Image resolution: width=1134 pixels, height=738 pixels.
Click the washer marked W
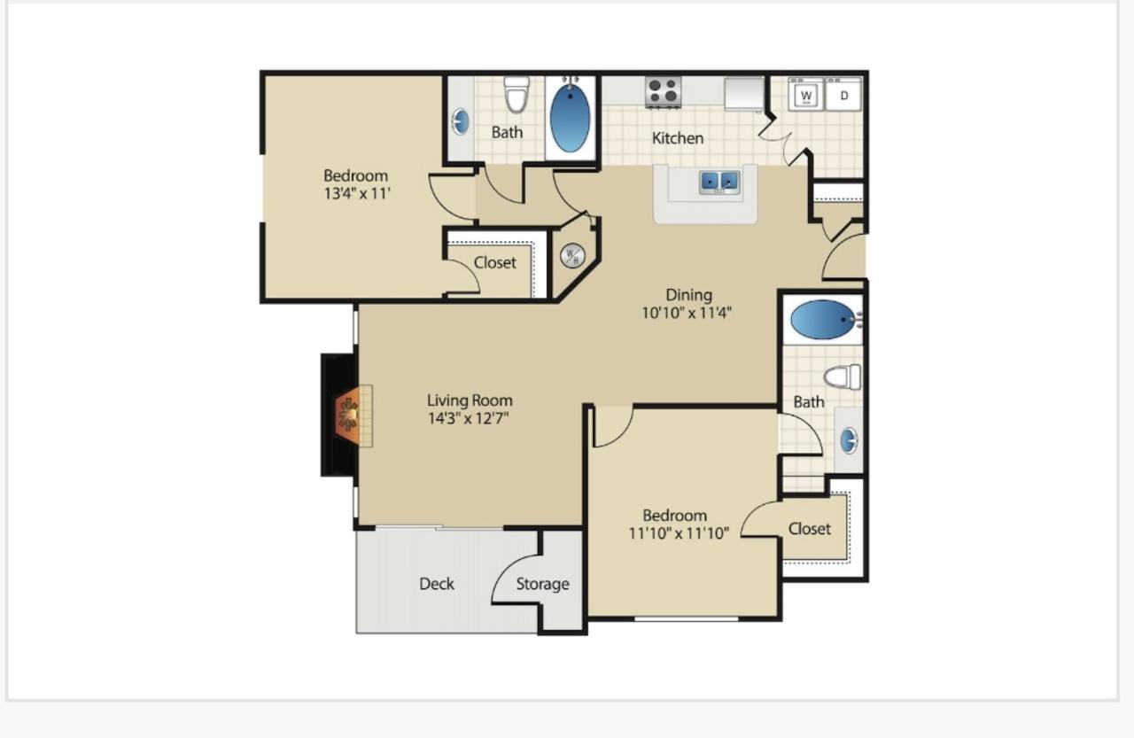[x=806, y=94]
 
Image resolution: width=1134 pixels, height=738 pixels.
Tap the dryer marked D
[x=843, y=94]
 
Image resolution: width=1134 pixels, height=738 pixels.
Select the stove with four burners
[x=664, y=91]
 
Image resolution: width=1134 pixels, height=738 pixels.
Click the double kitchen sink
[x=718, y=183]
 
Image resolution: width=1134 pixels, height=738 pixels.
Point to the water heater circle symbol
[x=572, y=256]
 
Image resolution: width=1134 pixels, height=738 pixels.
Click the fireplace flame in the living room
[x=348, y=415]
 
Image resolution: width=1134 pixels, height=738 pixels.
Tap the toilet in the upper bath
[x=517, y=94]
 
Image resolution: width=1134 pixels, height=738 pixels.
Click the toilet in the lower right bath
[x=843, y=377]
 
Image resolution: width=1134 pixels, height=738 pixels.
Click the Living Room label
[x=470, y=400]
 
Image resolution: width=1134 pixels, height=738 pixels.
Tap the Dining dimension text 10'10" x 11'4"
[x=687, y=314]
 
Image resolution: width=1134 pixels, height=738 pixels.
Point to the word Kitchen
[x=678, y=138]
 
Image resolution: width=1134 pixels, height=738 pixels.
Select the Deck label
[x=437, y=584]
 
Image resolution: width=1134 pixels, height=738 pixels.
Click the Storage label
[x=542, y=584]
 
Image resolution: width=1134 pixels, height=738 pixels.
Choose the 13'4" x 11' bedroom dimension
[x=357, y=193]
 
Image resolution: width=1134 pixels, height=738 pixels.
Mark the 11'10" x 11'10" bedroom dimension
[x=679, y=533]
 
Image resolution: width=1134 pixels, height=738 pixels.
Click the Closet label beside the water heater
[x=494, y=263]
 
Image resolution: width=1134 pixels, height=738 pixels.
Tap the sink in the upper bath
[x=460, y=121]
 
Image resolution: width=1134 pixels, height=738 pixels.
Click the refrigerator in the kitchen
[x=743, y=93]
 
